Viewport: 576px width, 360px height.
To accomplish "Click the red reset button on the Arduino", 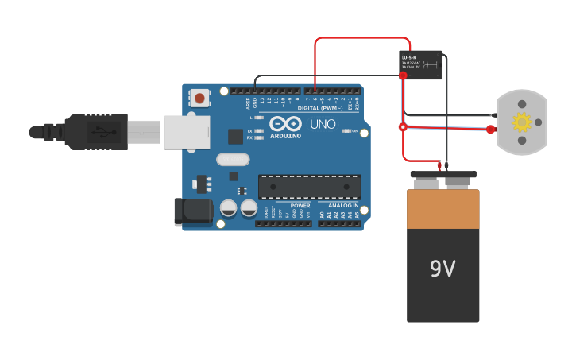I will click(199, 99).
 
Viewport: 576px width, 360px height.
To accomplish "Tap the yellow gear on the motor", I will click(521, 122).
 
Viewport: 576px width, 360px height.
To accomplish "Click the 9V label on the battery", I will click(443, 269).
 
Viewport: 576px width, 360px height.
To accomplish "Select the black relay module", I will click(419, 64).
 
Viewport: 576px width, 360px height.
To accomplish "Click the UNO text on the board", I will click(323, 125).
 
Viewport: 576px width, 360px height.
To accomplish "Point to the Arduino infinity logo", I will click(284, 123).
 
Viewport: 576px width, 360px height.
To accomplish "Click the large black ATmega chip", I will click(309, 187).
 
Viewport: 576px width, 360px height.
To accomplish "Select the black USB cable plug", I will click(95, 132).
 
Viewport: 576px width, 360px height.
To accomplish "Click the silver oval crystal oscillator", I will click(233, 159).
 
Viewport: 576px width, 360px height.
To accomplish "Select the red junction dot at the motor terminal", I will click(490, 129).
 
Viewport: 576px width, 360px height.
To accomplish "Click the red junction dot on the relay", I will click(403, 75).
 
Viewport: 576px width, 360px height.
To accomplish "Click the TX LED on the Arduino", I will click(258, 130).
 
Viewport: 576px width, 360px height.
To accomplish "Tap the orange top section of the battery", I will click(443, 209).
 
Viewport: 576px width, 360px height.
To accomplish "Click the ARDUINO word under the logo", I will click(285, 136).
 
